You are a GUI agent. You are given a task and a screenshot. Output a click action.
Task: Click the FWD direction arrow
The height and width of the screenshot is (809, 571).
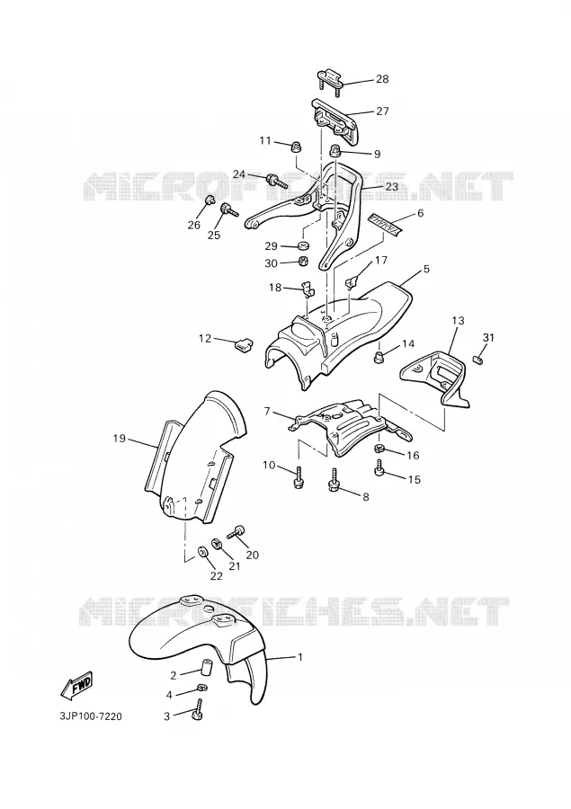tap(76, 685)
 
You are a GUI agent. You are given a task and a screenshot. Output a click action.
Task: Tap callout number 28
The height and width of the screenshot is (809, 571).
tap(382, 79)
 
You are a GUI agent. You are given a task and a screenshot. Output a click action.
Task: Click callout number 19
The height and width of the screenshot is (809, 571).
tap(120, 439)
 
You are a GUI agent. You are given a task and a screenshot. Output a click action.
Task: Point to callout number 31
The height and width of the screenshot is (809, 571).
tap(488, 337)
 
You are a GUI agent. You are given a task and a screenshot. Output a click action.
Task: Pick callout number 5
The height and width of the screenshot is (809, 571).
tap(426, 269)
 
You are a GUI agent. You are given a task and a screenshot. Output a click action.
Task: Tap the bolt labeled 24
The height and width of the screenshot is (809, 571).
tap(276, 181)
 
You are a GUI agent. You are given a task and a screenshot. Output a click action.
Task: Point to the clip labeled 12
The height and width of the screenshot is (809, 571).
tap(241, 343)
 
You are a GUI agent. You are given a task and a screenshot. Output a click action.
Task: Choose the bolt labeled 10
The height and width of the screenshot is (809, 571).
tap(298, 478)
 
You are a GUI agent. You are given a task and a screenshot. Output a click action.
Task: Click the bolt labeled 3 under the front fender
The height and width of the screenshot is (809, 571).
tap(197, 711)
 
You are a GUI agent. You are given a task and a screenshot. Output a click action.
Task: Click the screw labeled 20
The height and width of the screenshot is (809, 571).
tap(236, 532)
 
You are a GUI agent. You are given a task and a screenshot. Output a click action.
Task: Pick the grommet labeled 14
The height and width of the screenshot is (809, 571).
tap(379, 356)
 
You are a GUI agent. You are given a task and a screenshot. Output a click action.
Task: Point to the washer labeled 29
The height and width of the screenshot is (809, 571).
tap(304, 244)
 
